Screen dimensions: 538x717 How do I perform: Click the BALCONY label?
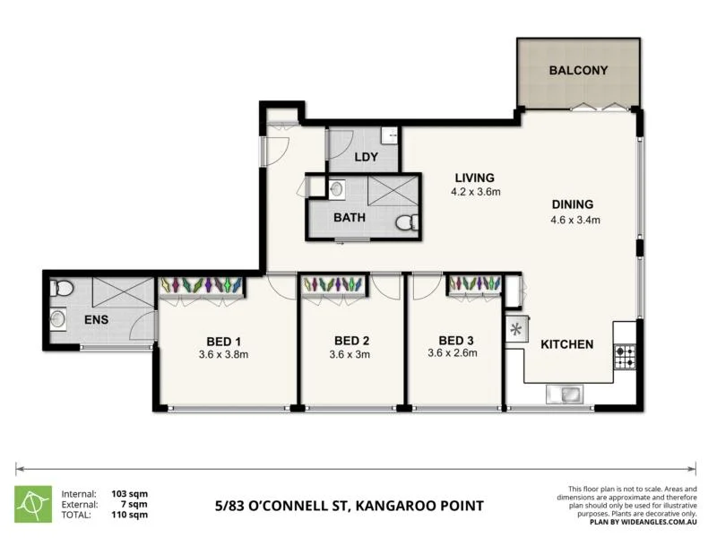tap(578, 70)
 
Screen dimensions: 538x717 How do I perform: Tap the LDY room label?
tap(366, 157)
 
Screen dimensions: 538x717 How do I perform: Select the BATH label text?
tap(350, 218)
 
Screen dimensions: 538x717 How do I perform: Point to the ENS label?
tap(97, 319)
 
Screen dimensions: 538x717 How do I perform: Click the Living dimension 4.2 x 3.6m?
tap(474, 192)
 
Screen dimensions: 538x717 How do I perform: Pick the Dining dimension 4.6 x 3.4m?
tap(574, 219)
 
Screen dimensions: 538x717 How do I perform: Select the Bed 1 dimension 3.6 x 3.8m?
tap(223, 354)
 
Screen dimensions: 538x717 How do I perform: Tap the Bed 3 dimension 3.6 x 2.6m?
tap(452, 353)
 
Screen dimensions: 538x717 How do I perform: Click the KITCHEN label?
tap(565, 344)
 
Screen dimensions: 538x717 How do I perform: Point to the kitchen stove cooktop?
tap(625, 357)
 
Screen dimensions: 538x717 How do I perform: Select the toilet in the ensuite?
tap(60, 288)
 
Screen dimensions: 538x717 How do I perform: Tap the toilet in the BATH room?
tap(406, 223)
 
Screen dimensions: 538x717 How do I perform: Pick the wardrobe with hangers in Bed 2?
tap(334, 284)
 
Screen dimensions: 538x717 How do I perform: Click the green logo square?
tap(33, 504)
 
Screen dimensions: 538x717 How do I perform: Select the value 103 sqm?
tap(130, 494)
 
